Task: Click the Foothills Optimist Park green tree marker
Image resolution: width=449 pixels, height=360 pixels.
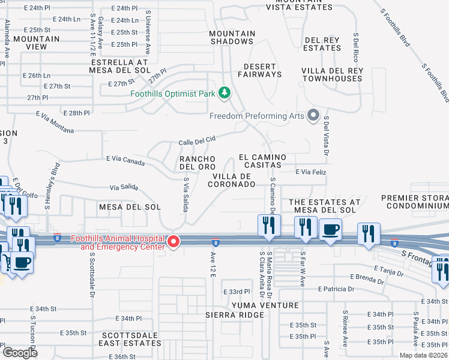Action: point(224,93)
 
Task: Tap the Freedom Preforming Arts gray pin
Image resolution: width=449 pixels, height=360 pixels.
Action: point(313,115)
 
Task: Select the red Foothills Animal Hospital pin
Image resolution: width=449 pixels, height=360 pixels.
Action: point(173,242)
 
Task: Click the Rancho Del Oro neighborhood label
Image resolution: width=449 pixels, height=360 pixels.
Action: point(197,162)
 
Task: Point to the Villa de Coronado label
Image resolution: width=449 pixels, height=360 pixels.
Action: point(232,180)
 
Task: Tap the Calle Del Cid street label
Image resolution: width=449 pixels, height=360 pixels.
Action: point(196,141)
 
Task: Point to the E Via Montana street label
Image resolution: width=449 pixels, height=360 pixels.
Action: point(55,122)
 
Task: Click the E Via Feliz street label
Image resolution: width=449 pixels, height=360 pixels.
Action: point(311,172)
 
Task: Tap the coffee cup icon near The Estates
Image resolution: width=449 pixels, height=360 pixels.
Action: point(330,230)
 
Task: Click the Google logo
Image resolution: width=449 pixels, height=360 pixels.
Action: point(19,353)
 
